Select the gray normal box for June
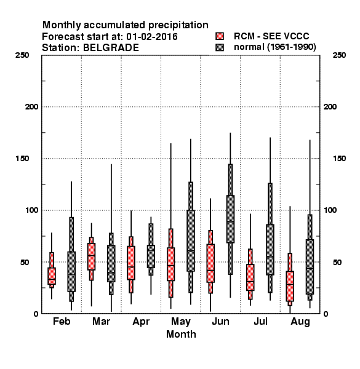(230, 219)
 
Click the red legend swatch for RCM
(220, 36)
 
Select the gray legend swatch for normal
(220, 47)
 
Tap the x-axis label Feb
(62, 321)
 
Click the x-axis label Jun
(220, 321)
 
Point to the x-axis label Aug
(300, 322)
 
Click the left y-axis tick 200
(31, 107)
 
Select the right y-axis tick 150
(339, 159)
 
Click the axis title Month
(181, 334)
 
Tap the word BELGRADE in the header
(111, 47)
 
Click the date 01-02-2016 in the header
(152, 36)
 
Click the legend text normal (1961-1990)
(275, 47)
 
